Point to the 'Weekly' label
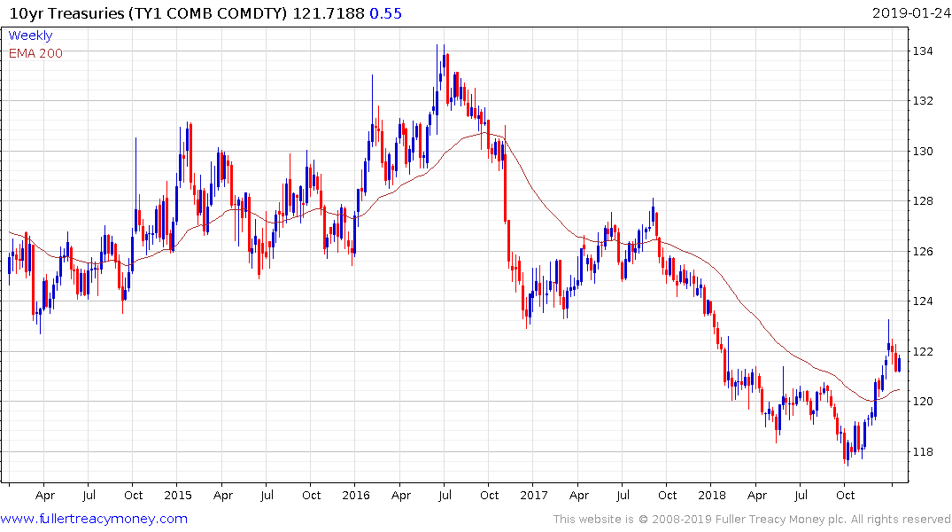(x=30, y=35)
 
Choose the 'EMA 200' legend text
(x=35, y=53)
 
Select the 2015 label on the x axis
(x=178, y=495)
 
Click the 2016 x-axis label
(x=355, y=495)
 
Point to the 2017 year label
(x=533, y=495)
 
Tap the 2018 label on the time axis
(x=711, y=495)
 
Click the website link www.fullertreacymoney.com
(x=94, y=519)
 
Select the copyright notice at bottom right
(x=752, y=519)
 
